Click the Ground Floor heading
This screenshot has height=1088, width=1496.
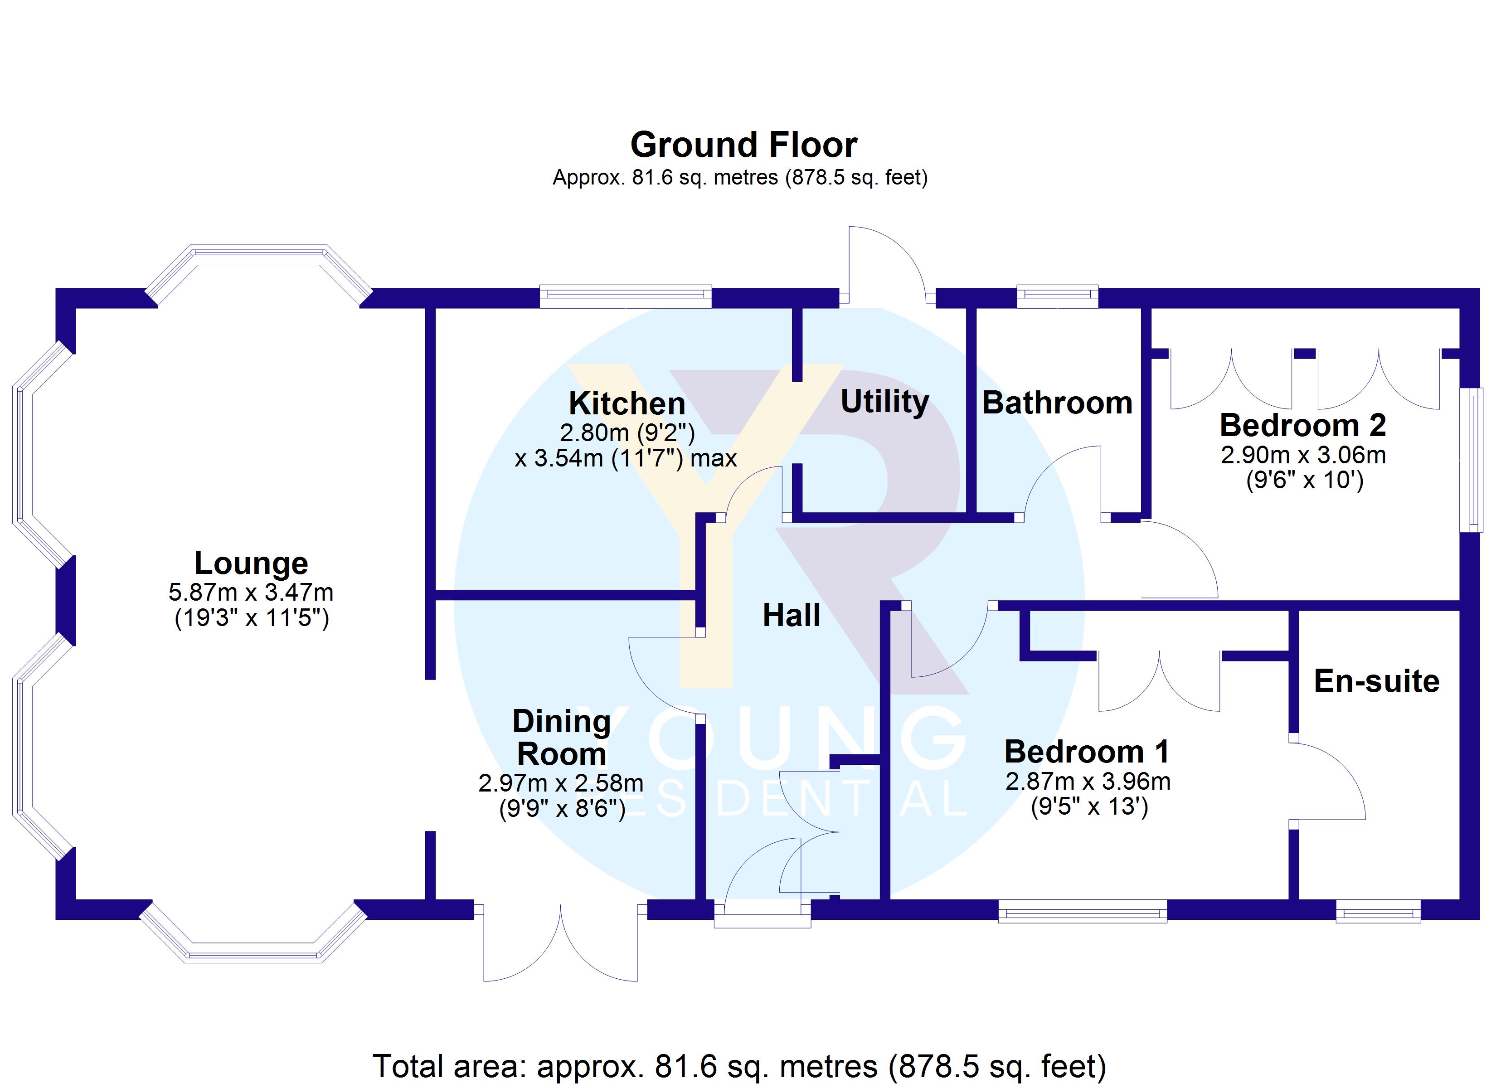(x=743, y=145)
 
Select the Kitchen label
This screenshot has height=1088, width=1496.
(x=627, y=403)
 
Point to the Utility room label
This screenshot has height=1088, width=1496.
(x=884, y=402)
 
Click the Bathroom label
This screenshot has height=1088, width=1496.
(x=1057, y=403)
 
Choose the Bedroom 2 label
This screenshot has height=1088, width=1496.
(x=1303, y=426)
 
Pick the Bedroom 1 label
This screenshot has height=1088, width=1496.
(x=1087, y=752)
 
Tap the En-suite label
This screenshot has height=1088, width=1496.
(x=1377, y=681)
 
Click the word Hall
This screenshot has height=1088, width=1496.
(x=792, y=616)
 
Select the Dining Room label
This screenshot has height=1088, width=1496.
(x=562, y=738)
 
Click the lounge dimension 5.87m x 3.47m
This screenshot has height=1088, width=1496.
(x=251, y=593)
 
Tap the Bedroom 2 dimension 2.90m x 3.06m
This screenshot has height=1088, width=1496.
(x=1303, y=455)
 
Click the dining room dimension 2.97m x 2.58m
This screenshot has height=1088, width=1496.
(x=561, y=783)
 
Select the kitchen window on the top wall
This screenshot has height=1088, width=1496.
(x=625, y=296)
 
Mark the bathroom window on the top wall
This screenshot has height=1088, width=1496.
(x=1057, y=296)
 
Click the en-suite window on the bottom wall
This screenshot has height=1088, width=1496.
(x=1378, y=914)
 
